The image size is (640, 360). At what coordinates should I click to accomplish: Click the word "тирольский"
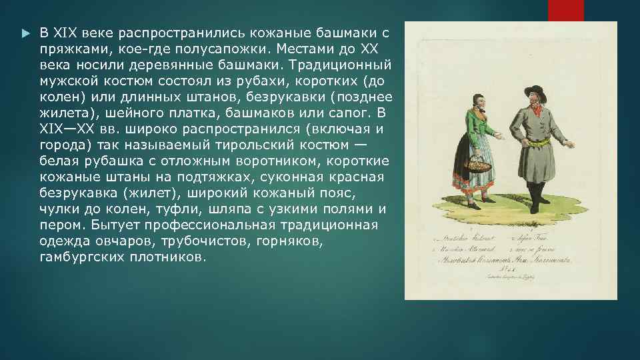pos(255,146)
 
